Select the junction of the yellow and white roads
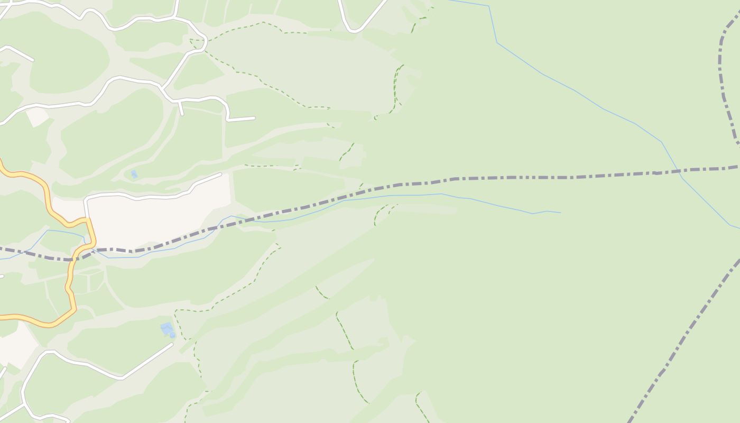[87, 218]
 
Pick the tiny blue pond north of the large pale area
[134, 174]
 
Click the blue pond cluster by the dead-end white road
[167, 329]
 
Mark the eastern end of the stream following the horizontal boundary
[560, 213]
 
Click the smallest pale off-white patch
[37, 116]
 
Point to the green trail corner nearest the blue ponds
[177, 311]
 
